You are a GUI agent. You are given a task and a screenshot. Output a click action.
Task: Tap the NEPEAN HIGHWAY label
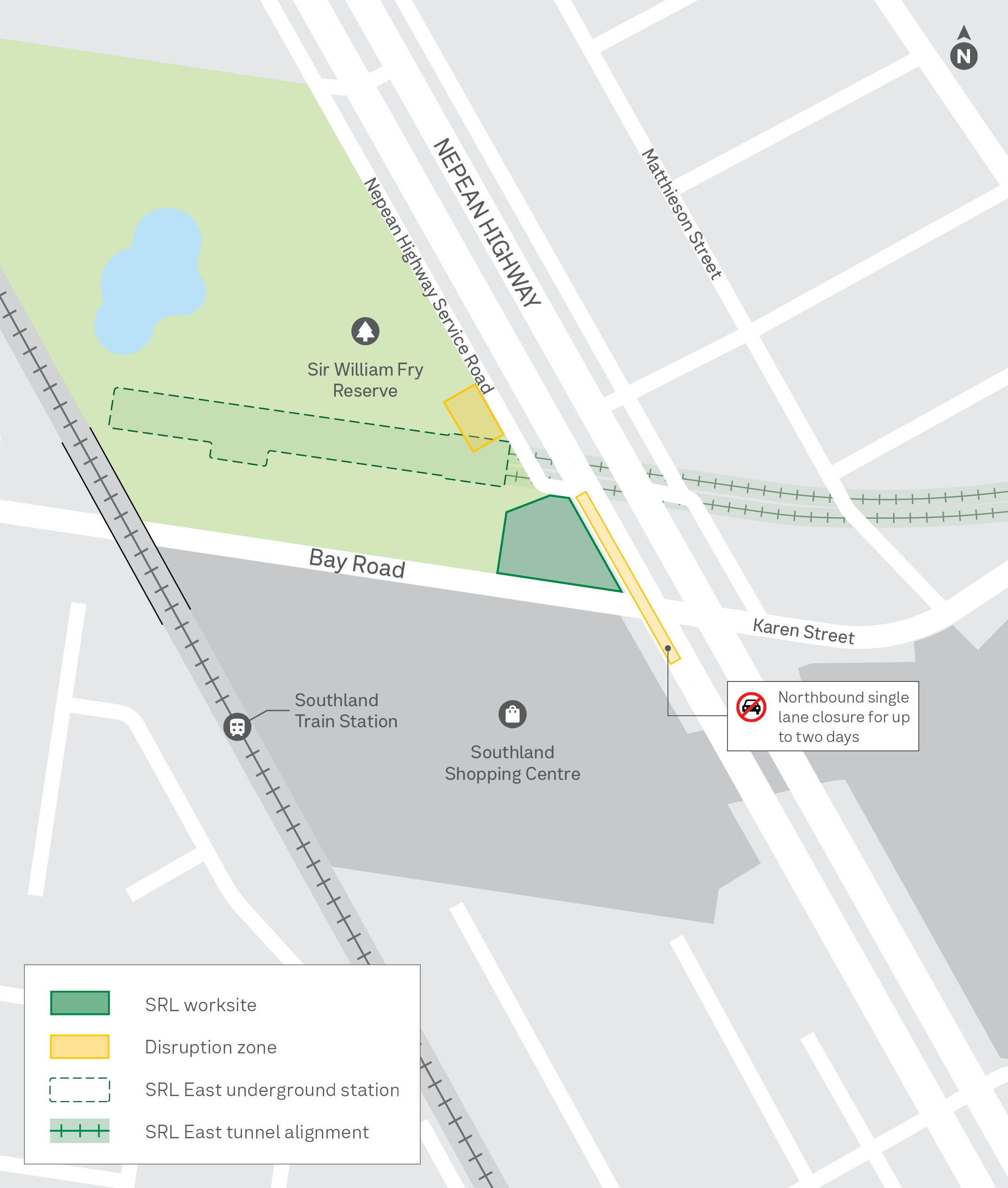click(486, 223)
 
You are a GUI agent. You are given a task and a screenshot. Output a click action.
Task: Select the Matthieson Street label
click(682, 214)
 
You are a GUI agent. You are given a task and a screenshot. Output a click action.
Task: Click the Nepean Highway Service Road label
click(429, 286)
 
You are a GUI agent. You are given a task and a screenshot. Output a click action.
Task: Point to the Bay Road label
click(356, 563)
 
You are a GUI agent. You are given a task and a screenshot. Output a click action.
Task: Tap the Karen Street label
click(803, 631)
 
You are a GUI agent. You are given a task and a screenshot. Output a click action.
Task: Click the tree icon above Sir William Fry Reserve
click(365, 331)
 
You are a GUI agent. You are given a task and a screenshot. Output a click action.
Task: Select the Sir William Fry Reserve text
click(365, 380)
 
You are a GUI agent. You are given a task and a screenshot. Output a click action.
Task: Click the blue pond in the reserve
click(152, 280)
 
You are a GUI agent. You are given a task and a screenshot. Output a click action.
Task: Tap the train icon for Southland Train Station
click(237, 727)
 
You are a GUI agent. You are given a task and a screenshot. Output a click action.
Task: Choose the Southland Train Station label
click(346, 710)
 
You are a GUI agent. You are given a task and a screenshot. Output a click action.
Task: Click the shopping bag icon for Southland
click(512, 714)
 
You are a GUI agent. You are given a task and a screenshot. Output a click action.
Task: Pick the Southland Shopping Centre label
click(512, 763)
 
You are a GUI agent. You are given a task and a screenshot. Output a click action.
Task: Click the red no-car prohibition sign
click(751, 707)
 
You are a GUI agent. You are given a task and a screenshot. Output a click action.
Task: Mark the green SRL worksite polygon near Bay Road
click(552, 543)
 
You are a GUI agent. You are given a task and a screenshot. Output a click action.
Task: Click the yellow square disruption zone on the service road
click(473, 418)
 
